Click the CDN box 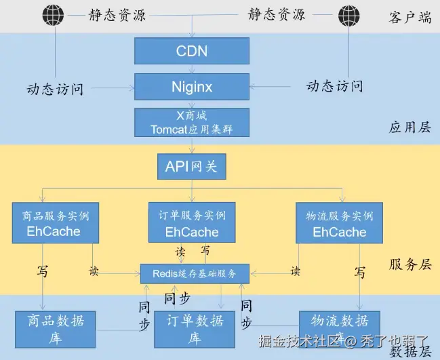[x=192, y=51]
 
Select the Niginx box [x=192, y=87]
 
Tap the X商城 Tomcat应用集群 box [x=192, y=123]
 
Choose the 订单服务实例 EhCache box [x=192, y=222]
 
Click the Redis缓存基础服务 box [x=195, y=274]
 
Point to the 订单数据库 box [x=195, y=329]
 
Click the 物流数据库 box [x=339, y=326]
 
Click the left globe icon [x=52, y=14]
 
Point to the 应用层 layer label [x=409, y=127]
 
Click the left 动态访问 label [x=55, y=89]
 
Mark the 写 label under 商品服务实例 [x=42, y=272]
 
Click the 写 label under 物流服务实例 [x=360, y=273]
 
